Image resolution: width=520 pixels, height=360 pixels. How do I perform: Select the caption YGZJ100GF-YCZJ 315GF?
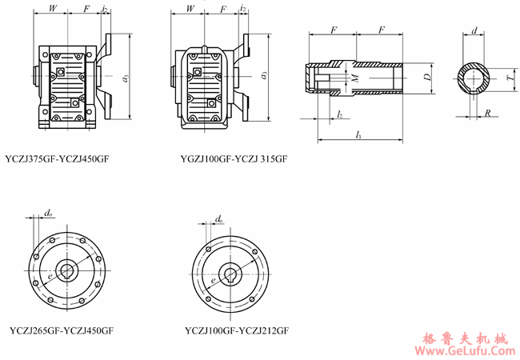click(234, 159)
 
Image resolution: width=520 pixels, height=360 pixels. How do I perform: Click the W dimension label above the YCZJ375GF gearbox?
click(53, 9)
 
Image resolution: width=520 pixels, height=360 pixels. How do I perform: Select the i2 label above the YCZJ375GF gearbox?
click(106, 9)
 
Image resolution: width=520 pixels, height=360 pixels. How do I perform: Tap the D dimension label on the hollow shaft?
click(428, 78)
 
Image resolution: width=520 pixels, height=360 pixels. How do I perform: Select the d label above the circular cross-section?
click(475, 31)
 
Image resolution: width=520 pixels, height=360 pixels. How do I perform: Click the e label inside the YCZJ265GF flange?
click(50, 274)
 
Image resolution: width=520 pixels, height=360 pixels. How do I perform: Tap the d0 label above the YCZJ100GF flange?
click(220, 218)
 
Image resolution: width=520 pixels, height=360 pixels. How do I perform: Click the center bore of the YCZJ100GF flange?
click(232, 272)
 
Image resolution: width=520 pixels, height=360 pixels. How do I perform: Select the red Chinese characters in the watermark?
click(465, 336)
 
